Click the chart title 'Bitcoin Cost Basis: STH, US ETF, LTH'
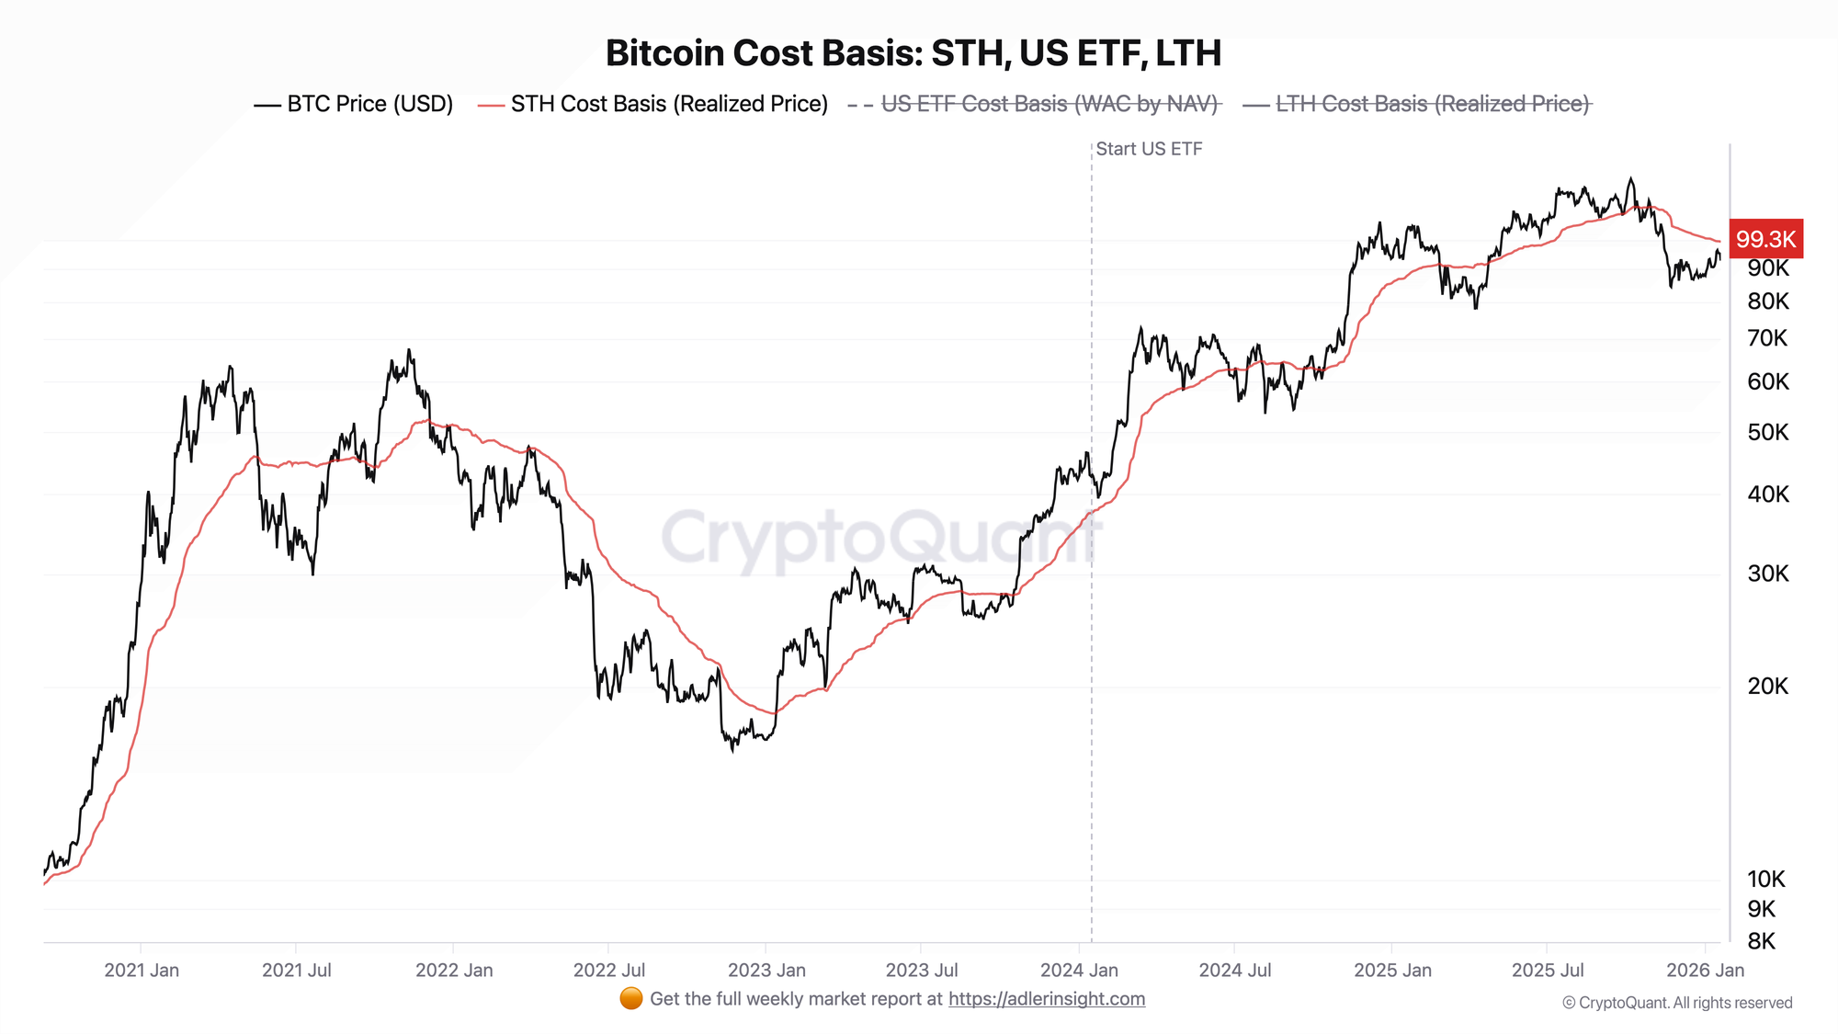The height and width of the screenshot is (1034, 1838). [913, 53]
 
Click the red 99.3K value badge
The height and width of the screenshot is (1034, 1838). [1765, 239]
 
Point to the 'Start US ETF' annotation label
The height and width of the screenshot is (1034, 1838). [1149, 149]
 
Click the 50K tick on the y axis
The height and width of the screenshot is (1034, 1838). [1768, 432]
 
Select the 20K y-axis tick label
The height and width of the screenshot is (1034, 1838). [1768, 686]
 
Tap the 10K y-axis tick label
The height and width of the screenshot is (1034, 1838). [1766, 880]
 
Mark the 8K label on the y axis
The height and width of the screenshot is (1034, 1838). [1762, 941]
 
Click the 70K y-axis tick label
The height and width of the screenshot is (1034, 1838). [1768, 338]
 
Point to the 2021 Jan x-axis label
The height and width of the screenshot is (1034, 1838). [142, 970]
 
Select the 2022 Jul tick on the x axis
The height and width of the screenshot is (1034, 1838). [608, 970]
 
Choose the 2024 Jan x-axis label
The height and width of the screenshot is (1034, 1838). [1079, 970]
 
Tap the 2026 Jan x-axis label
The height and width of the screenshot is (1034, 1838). [1705, 970]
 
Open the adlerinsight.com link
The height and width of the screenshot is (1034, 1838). [1047, 999]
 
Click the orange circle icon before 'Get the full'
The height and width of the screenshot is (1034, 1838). [631, 999]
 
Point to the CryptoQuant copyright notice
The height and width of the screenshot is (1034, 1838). [1677, 1003]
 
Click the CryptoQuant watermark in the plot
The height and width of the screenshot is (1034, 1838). [880, 538]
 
